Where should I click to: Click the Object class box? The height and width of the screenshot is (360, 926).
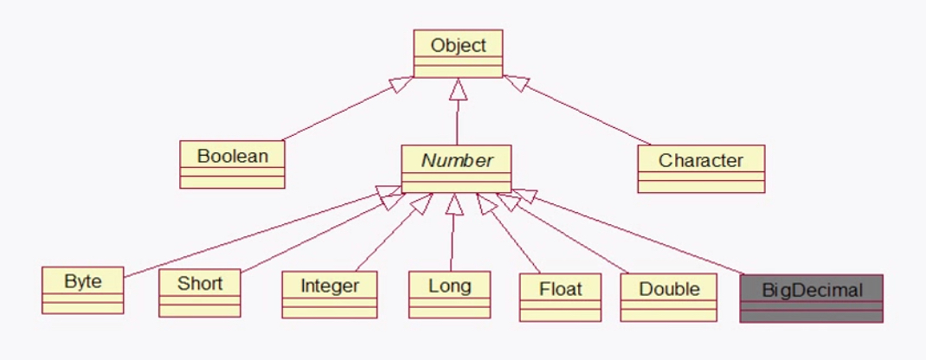(458, 54)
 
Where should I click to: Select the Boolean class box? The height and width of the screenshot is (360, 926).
(232, 164)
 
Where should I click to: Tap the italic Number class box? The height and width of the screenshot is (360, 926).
(456, 168)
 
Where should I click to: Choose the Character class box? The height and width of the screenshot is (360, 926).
(701, 169)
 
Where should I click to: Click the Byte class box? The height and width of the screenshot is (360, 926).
(83, 291)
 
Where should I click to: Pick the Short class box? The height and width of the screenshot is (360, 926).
(200, 293)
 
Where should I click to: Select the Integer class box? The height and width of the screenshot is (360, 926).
(330, 295)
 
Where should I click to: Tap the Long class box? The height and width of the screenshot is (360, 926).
(449, 294)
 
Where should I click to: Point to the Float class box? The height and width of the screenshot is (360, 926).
(561, 298)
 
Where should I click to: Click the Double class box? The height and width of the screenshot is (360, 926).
(668, 298)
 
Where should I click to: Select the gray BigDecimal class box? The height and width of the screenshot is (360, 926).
(812, 298)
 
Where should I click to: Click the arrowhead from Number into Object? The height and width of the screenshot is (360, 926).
(458, 88)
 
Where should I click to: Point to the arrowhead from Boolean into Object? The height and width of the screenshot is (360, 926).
(402, 85)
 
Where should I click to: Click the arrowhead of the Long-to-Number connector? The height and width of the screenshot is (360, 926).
(453, 203)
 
